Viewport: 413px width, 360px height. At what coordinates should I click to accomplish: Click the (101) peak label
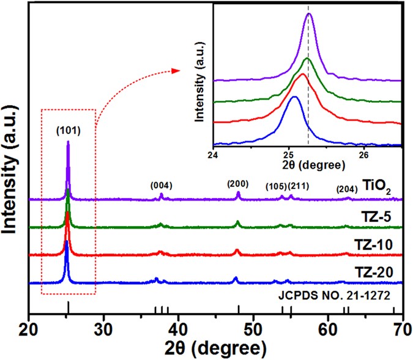pos(67,130)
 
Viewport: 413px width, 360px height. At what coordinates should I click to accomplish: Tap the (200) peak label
pos(237,183)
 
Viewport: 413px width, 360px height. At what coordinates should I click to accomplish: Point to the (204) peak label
pos(348,189)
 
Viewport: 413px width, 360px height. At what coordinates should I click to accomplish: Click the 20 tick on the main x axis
pos(29,328)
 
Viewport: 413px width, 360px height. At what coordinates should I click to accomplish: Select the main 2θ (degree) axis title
pos(215,348)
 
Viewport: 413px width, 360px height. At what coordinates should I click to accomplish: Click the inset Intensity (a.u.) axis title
pos(203,77)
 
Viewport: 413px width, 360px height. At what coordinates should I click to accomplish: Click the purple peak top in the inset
pos(309,14)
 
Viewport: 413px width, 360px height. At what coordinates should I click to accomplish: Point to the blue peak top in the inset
pos(294,97)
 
